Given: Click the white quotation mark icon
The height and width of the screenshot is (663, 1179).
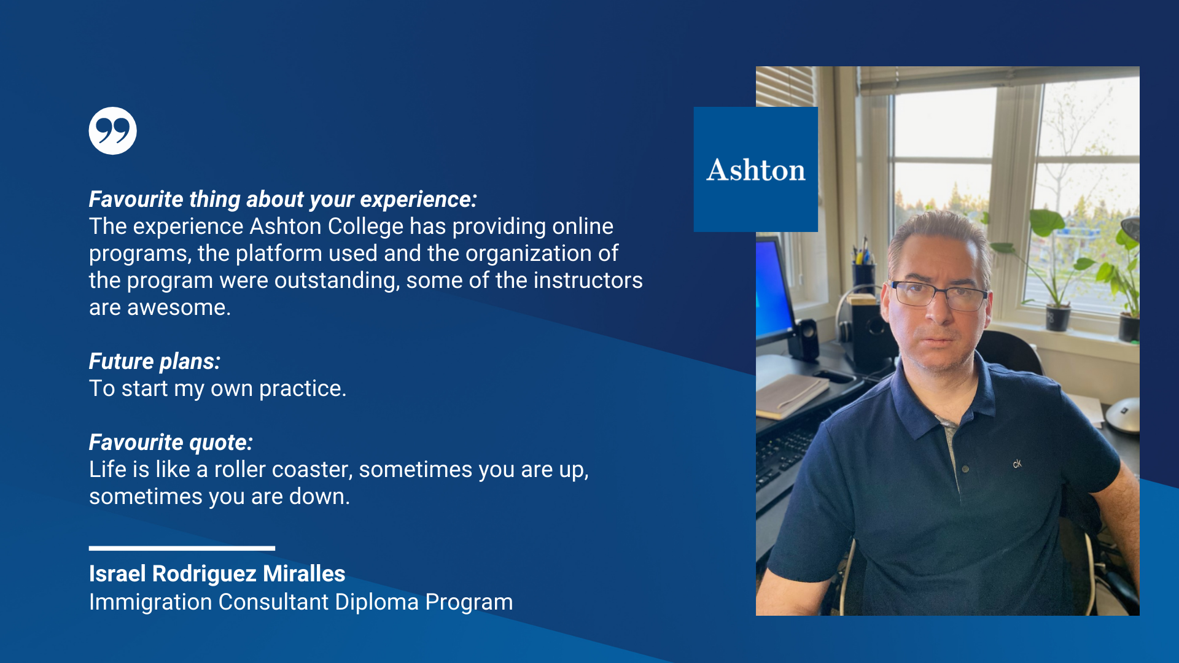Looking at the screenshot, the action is [113, 131].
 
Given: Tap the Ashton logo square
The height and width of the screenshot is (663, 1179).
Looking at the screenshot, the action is [756, 169].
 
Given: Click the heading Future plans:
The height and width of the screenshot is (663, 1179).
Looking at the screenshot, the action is [155, 362].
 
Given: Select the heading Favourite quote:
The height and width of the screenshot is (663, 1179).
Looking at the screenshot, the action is [171, 443].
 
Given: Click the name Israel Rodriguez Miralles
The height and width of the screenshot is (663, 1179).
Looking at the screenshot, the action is [217, 574].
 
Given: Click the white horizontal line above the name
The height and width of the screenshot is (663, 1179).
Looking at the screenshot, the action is [182, 548].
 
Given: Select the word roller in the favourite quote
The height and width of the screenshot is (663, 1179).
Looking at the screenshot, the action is [240, 470].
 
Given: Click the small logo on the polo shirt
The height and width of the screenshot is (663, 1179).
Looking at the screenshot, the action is [1018, 464].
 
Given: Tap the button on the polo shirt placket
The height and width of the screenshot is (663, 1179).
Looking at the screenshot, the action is [965, 469].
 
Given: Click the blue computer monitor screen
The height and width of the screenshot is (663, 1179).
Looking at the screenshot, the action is [773, 289].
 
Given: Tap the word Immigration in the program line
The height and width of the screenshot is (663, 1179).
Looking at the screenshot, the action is [150, 602].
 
